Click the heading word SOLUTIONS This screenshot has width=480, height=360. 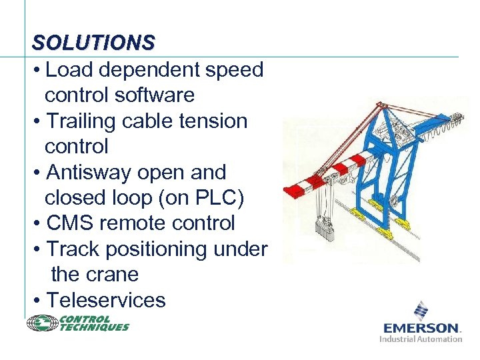93,43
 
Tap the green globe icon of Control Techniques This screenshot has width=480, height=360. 42,323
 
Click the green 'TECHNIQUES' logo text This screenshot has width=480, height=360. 95,327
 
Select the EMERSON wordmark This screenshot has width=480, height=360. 421,328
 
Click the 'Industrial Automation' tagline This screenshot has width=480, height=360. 421,339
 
